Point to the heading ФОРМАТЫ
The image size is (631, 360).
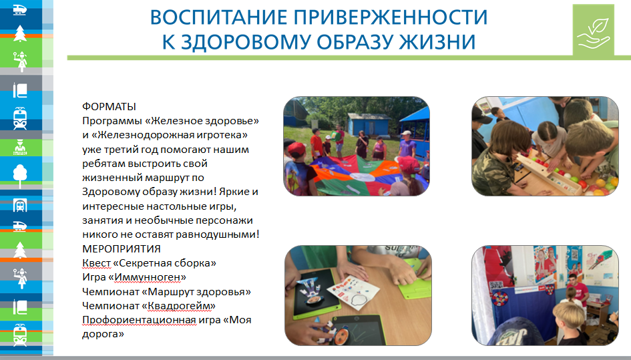(110, 107)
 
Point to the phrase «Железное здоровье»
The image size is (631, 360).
(204, 121)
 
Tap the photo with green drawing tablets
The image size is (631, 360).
(356, 296)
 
